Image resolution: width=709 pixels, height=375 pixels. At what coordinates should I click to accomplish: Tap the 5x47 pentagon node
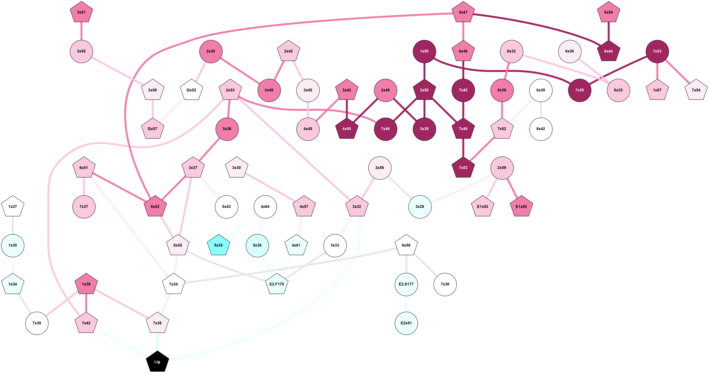point(463,12)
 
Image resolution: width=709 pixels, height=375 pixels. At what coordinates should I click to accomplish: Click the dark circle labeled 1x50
point(424,51)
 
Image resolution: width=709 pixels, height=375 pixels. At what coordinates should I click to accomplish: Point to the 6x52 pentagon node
point(155,206)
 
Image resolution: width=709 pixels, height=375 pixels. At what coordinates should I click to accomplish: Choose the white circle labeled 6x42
point(541,129)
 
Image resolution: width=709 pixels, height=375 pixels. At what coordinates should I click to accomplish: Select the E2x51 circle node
point(406,323)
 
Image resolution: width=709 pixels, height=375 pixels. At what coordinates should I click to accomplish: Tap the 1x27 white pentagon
point(13,206)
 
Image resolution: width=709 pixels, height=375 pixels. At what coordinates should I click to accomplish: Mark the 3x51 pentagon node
point(81,12)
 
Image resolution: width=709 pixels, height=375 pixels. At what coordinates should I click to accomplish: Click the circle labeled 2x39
point(210,51)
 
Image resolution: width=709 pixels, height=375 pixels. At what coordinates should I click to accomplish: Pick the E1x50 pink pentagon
point(521,206)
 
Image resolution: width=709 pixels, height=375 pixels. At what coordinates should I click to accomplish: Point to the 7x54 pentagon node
point(696,90)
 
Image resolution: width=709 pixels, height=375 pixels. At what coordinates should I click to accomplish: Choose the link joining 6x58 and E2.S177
point(406,264)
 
